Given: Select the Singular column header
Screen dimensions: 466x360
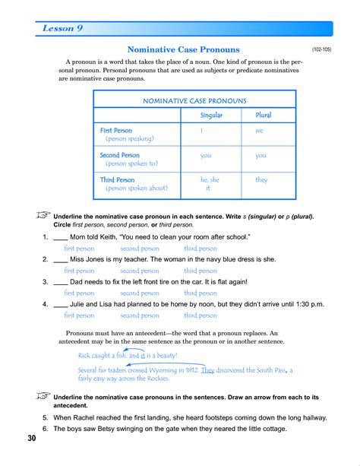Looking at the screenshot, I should coord(210,115).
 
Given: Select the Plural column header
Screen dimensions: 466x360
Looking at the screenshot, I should coord(261,115).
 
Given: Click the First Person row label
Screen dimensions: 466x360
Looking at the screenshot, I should coord(116,131).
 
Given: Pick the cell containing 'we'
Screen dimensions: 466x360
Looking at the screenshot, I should coord(259,131).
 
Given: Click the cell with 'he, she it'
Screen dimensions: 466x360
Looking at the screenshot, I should coord(210,184).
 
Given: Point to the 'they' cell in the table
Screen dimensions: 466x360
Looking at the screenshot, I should coord(261,180).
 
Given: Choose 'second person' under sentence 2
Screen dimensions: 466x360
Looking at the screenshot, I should coord(140,271).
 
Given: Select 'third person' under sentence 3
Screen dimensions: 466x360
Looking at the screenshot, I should coord(201,293).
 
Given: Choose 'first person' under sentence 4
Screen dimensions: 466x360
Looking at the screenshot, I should coord(79,315).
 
